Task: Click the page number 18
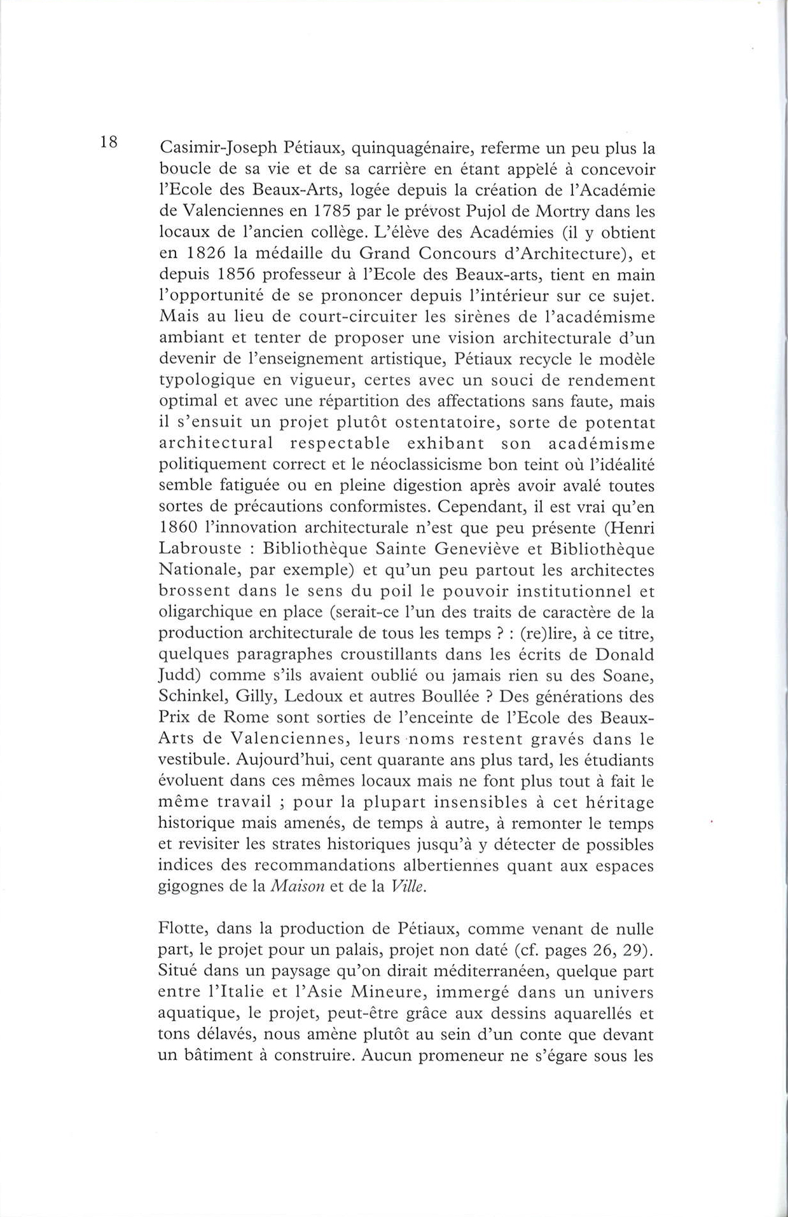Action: (x=109, y=142)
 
